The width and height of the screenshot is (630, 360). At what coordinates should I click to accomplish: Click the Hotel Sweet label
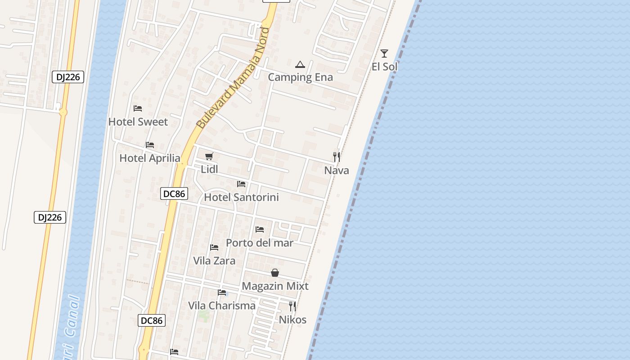click(138, 122)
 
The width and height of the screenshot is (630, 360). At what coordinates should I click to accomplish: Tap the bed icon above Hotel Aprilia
click(150, 145)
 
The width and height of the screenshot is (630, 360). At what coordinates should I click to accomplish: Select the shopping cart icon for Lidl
click(209, 156)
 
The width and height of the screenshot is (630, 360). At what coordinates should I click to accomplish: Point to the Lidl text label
click(209, 170)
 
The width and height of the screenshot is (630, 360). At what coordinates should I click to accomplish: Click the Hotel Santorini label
click(241, 197)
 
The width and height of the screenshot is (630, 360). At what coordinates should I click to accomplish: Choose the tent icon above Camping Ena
click(300, 64)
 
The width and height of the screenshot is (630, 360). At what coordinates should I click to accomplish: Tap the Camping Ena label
click(300, 77)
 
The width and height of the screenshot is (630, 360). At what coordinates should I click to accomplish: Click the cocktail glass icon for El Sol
click(384, 54)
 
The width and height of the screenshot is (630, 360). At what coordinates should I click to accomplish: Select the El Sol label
click(384, 67)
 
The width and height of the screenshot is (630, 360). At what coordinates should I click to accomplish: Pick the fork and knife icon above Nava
click(337, 157)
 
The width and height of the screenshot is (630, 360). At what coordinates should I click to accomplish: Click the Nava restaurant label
click(337, 171)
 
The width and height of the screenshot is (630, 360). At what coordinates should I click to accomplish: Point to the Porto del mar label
click(260, 243)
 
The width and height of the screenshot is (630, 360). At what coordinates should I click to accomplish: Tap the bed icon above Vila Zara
click(214, 247)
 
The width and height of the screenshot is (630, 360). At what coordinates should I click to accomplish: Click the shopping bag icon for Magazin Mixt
click(275, 273)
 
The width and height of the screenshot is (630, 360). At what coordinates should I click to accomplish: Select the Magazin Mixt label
click(275, 286)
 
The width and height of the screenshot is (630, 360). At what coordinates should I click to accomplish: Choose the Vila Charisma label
click(222, 306)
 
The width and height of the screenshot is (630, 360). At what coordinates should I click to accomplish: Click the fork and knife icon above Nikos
click(292, 306)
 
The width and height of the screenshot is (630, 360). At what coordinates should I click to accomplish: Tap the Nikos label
click(292, 320)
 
